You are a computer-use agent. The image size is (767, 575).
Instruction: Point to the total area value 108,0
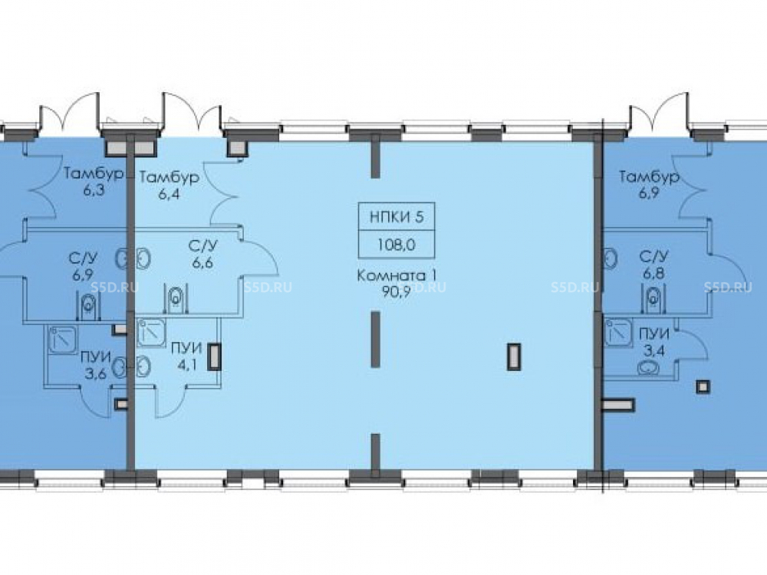coord(397,244)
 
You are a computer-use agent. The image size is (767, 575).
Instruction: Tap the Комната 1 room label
coord(397,275)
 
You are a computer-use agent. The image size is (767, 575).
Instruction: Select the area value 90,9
coord(397,291)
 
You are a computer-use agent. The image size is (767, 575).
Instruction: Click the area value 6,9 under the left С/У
coord(83,274)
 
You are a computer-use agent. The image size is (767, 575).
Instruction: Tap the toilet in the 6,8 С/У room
coord(653,298)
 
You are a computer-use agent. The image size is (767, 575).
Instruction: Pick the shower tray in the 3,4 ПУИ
coord(618,332)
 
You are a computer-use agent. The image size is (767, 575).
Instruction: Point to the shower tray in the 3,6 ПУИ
coord(63,340)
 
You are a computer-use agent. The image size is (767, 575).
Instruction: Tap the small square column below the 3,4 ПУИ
coord(703,386)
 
